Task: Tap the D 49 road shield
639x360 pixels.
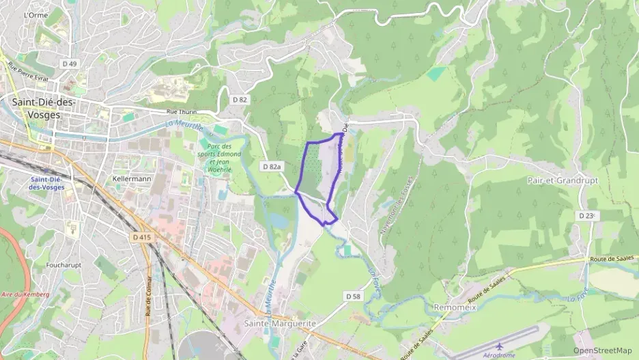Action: tap(70, 64)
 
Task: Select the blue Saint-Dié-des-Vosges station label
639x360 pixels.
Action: tap(47, 182)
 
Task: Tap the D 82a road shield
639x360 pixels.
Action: tap(272, 167)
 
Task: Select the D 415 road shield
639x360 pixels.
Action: tap(141, 237)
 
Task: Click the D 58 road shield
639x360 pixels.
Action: tap(352, 296)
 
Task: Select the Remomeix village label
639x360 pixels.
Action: tap(455, 307)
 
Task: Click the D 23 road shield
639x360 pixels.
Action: tap(586, 216)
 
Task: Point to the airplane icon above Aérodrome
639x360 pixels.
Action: tap(499, 346)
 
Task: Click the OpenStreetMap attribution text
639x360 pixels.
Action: tap(602, 350)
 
